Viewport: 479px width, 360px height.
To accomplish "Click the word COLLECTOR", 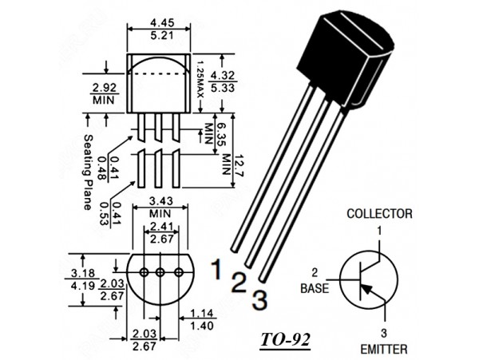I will (x=379, y=214).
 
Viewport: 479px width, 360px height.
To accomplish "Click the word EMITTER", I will (x=383, y=349).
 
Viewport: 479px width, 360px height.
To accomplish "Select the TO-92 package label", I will (x=286, y=340).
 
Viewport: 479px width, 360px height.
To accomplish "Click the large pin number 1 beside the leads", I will (x=217, y=269).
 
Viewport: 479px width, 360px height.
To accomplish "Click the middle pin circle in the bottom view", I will (x=160, y=272).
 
